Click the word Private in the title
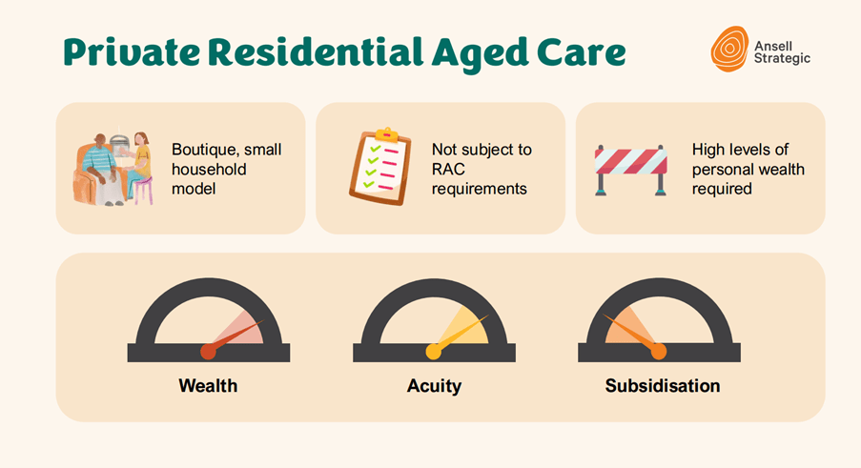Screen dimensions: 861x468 132,52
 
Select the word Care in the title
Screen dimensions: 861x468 581,52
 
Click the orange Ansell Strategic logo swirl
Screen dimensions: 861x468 729,49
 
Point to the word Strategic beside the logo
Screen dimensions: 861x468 782,58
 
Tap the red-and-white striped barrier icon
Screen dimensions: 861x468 631,170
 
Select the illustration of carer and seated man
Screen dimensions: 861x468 113,169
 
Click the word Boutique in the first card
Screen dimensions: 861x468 203,150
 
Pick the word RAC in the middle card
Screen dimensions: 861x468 448,169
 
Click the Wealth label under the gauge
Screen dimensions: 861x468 208,386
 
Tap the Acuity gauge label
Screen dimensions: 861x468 434,386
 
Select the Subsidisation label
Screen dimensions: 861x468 663,386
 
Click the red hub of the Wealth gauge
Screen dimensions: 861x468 208,351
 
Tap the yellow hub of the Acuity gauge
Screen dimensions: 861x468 433,351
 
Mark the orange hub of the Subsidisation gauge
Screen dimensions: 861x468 659,351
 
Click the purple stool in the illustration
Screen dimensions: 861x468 143,191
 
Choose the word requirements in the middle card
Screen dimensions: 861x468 480,189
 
